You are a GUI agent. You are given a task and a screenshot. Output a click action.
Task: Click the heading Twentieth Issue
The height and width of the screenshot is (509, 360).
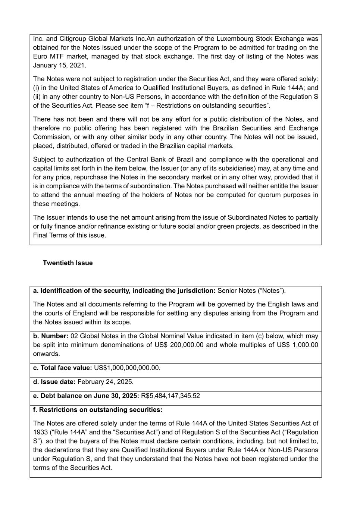click(x=68, y=263)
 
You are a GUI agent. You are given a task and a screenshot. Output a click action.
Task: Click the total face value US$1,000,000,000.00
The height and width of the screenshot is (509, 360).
click(x=127, y=368)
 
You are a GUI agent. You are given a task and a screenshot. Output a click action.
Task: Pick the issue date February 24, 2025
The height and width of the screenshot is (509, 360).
click(x=105, y=382)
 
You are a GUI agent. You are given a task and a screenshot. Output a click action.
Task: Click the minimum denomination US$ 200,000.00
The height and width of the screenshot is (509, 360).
click(x=179, y=345)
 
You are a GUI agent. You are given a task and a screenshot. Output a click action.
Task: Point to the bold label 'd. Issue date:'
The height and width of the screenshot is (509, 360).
click(x=54, y=382)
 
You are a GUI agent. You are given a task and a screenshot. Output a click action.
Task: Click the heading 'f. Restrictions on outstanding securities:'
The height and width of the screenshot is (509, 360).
click(x=98, y=410)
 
